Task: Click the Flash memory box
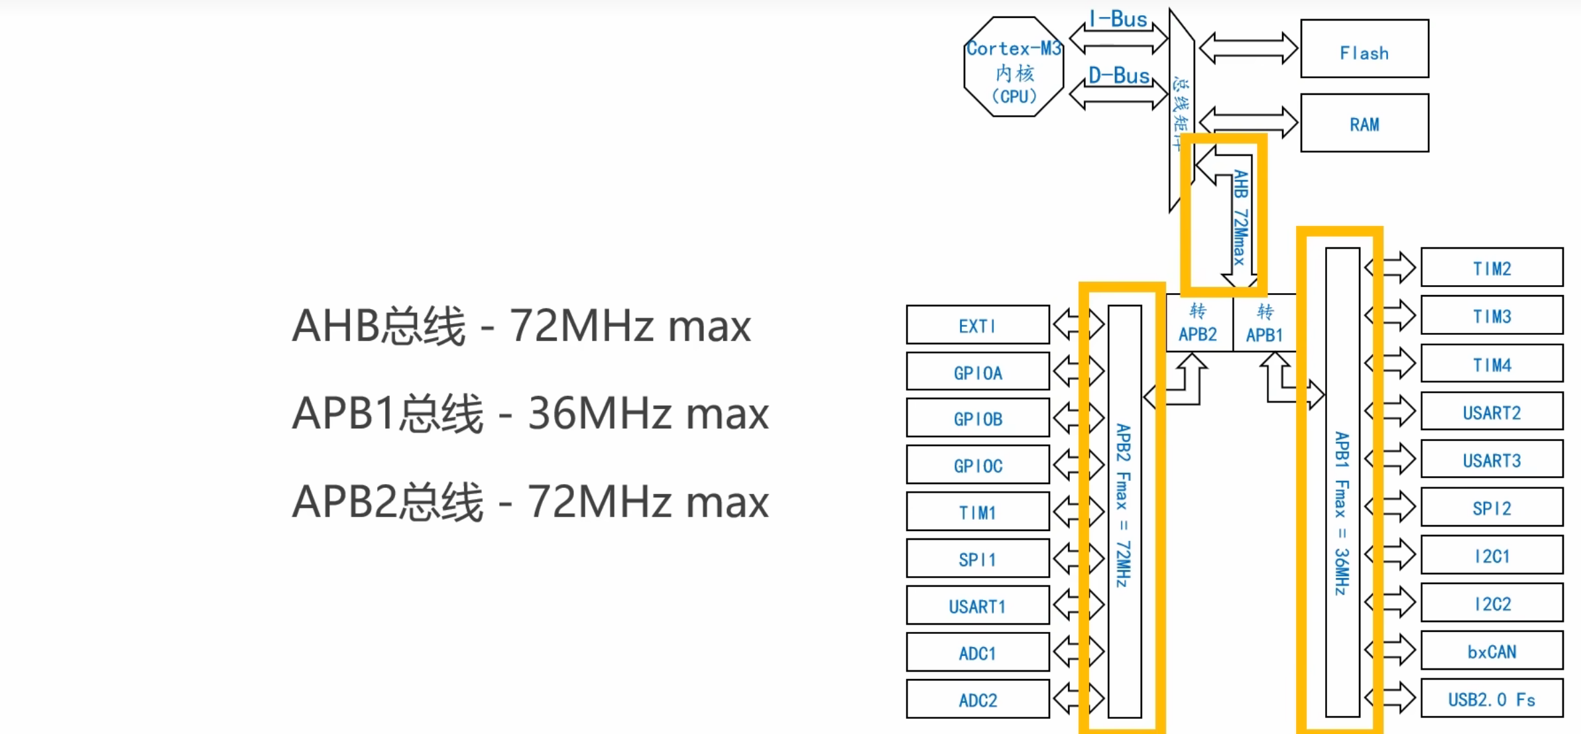click(1364, 49)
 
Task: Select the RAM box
click(1364, 123)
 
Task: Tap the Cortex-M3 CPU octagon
click(1014, 68)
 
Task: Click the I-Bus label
click(1118, 19)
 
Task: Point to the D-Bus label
click(1119, 76)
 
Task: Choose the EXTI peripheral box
click(978, 325)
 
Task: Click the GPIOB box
click(978, 418)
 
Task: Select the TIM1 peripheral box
click(978, 512)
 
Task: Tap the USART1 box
click(978, 605)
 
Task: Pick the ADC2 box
click(978, 699)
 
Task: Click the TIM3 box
click(1492, 316)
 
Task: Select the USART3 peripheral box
click(1492, 459)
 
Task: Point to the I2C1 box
click(1492, 555)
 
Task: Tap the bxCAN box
click(1492, 651)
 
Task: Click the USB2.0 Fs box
click(1492, 699)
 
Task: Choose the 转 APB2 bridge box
click(1199, 323)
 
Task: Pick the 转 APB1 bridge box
click(1265, 323)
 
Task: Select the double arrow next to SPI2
click(1391, 508)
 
